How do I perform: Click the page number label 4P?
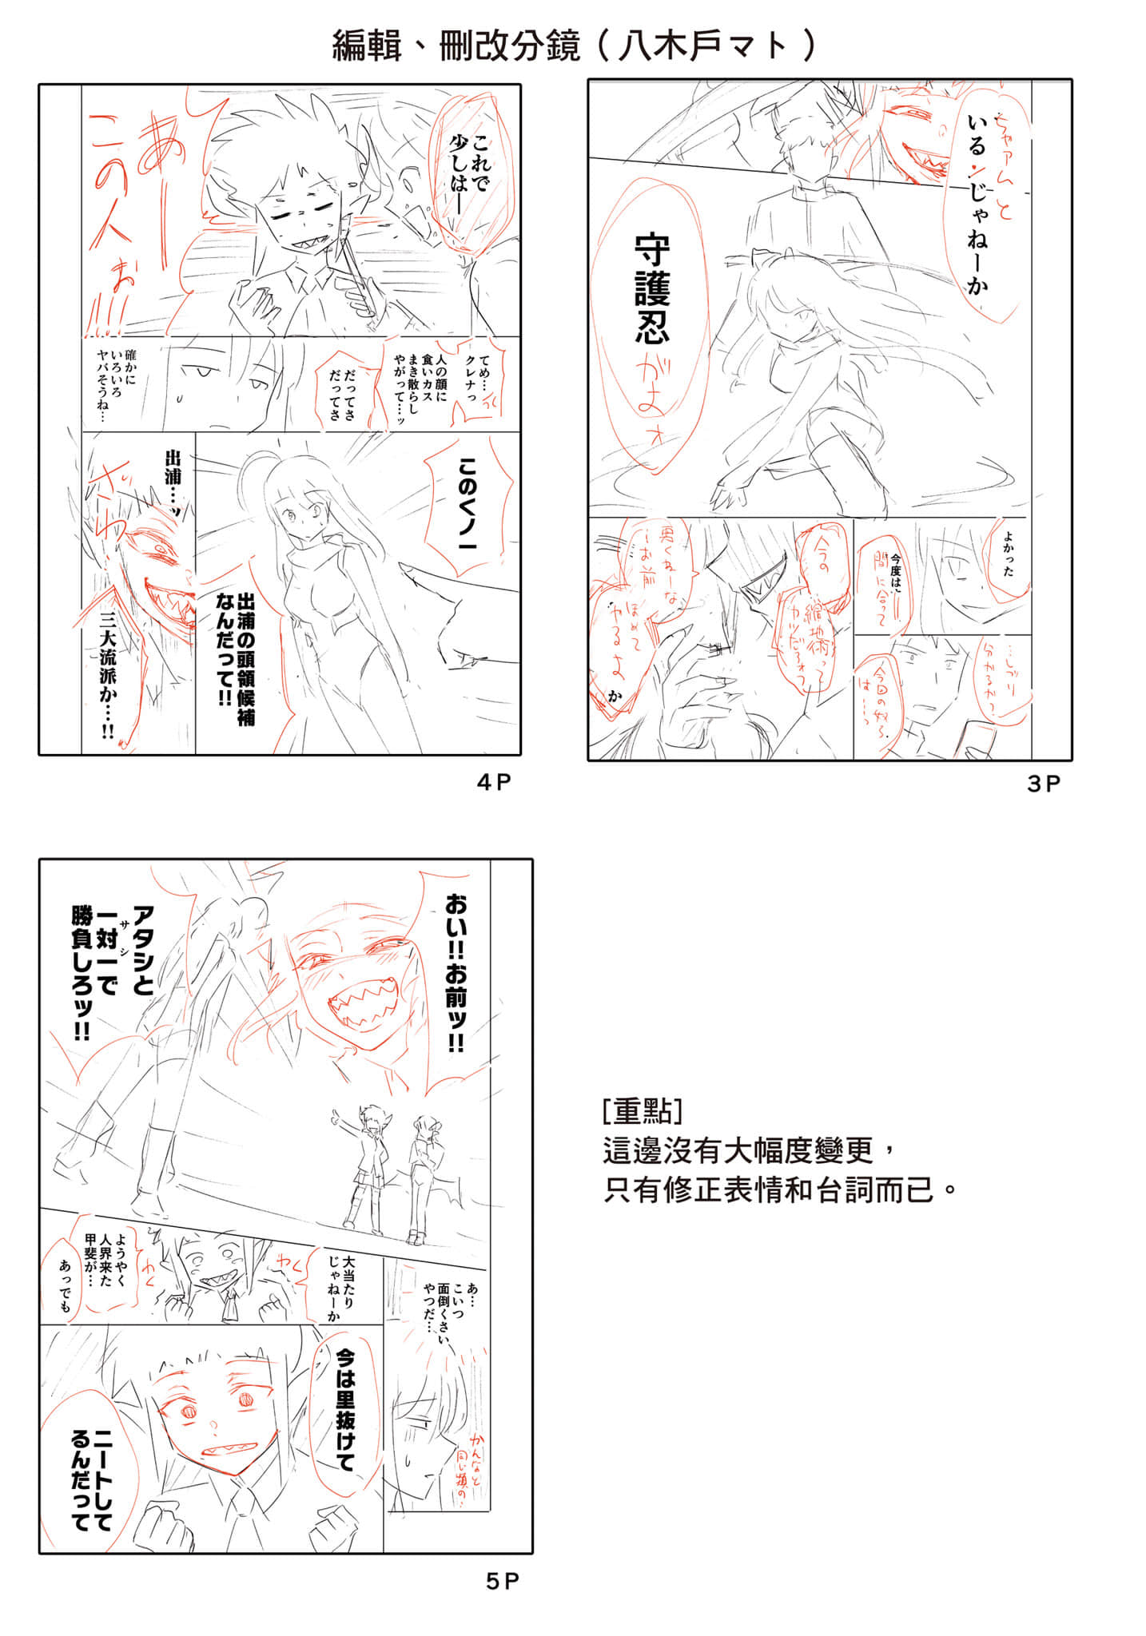pos(493,782)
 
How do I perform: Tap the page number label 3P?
pos(1043,784)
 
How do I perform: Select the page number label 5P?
pos(503,1581)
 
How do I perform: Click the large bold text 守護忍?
pos(652,289)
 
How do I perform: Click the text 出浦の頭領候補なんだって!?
pos(236,659)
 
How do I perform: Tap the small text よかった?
pos(1008,555)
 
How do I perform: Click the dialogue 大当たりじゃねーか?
pos(340,1286)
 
